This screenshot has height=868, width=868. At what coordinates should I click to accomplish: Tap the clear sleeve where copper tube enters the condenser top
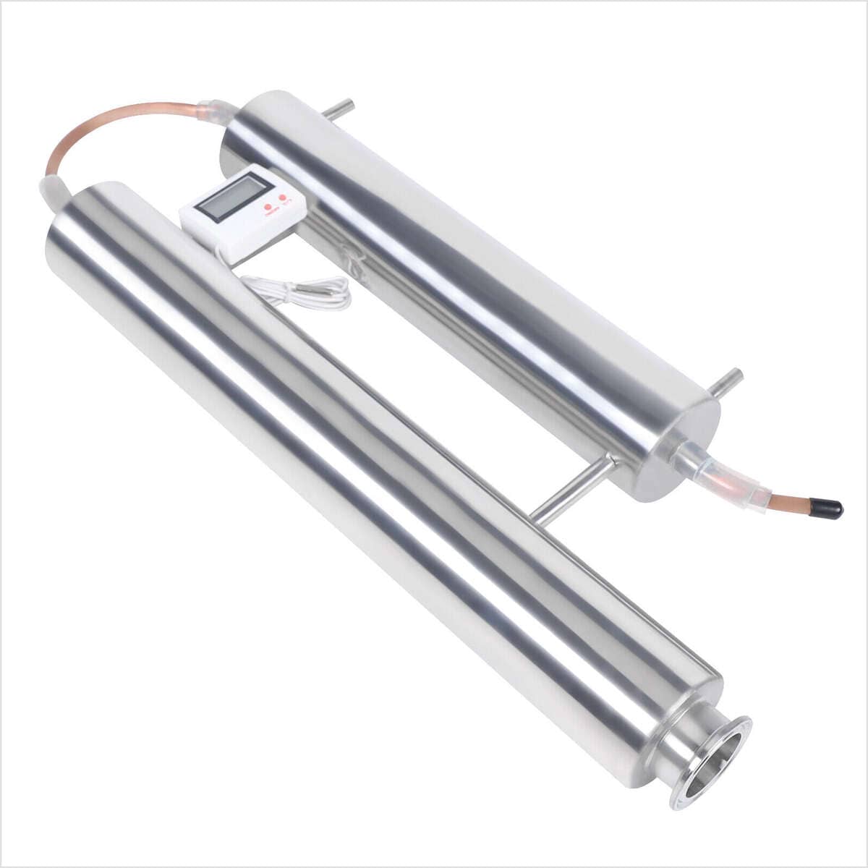click(217, 110)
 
